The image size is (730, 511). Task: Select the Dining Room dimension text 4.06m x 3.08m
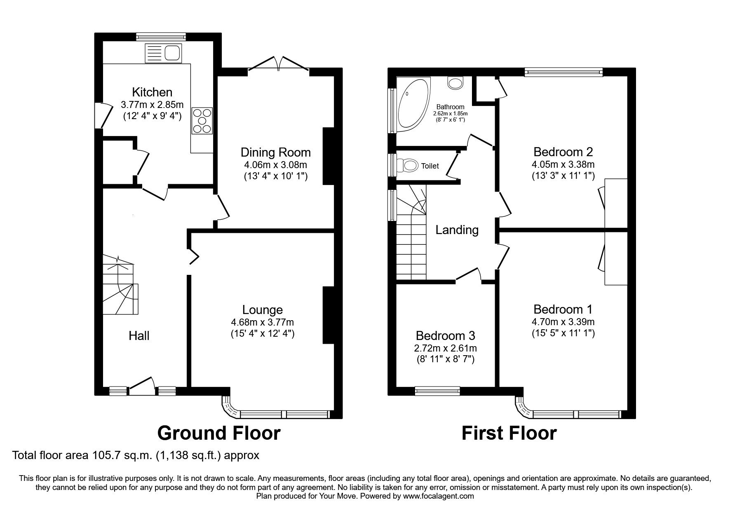(x=275, y=165)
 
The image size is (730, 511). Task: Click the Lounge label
(x=262, y=310)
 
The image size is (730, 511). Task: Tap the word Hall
(x=139, y=336)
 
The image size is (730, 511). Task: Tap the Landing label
(x=457, y=230)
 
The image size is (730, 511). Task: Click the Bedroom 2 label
(x=563, y=152)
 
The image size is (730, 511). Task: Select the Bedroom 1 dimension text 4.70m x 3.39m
(x=563, y=322)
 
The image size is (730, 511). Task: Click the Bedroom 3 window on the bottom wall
(x=437, y=390)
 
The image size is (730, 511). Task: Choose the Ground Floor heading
(x=219, y=433)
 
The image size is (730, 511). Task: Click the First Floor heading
(x=509, y=433)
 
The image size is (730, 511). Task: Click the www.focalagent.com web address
(x=438, y=496)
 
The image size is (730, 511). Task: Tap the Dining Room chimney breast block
(x=329, y=156)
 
